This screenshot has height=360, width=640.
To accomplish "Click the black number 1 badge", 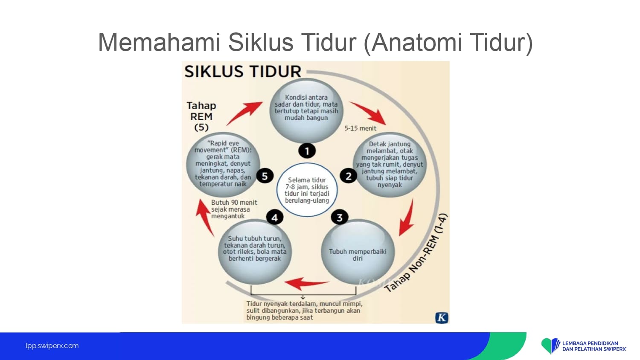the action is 307,151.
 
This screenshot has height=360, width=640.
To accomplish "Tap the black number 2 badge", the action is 348,176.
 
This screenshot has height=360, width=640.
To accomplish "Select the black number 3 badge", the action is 340,218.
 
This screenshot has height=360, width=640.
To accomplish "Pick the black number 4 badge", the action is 275,218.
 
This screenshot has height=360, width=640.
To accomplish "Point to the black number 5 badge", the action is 265,176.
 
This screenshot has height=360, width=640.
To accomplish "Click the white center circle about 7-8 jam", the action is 307,190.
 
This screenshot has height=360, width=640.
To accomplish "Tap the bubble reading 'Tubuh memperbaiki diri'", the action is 358,252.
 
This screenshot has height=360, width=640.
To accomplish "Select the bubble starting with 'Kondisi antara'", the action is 306,110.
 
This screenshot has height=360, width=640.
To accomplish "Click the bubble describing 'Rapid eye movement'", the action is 223,164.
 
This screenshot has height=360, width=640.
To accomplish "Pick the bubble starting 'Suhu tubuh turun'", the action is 255,252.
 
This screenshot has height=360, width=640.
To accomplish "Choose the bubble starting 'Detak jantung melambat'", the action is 390,164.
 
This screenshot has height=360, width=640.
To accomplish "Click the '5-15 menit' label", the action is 360,128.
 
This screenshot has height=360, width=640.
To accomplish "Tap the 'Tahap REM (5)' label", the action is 201,116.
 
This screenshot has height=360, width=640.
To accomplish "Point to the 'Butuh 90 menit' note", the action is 234,209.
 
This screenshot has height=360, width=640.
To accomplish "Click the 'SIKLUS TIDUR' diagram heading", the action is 243,71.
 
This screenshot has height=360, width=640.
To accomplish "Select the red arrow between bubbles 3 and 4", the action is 306,283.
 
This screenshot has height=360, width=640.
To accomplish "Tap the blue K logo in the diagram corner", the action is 442,318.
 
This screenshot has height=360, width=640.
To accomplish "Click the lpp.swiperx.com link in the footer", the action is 52,346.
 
